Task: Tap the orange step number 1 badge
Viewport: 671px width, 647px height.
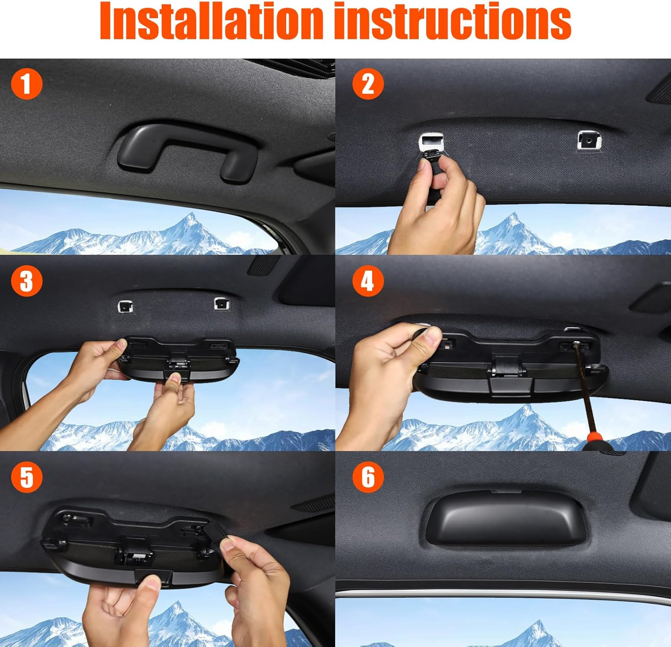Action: pyautogui.click(x=26, y=84)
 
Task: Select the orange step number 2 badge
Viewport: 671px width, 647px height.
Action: pyautogui.click(x=368, y=84)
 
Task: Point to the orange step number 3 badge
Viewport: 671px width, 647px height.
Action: pyautogui.click(x=26, y=281)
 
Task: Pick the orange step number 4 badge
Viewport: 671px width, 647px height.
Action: pyautogui.click(x=368, y=281)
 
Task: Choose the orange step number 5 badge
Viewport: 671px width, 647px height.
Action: pyautogui.click(x=26, y=477)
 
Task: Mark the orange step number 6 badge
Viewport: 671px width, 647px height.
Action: pyautogui.click(x=368, y=477)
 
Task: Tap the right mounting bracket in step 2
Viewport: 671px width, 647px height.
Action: pyautogui.click(x=589, y=140)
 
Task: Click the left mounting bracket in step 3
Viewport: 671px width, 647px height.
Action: pyautogui.click(x=125, y=306)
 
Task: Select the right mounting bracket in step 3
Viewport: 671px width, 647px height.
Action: pyautogui.click(x=221, y=304)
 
